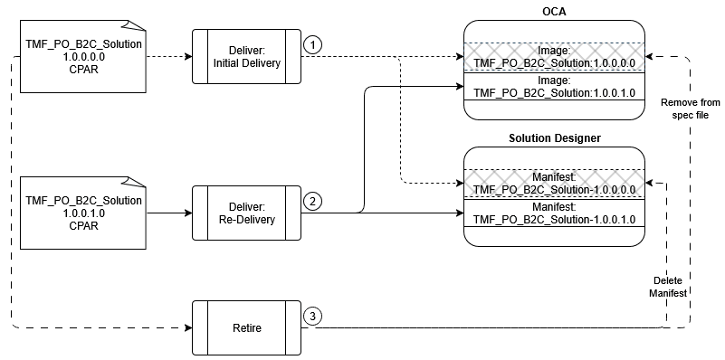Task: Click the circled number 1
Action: [x=311, y=43]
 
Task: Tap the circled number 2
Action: [x=311, y=201]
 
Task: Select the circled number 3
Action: [x=311, y=316]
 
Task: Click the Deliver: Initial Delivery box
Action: [x=246, y=56]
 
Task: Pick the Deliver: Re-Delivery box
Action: [x=246, y=213]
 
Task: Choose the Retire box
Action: [x=246, y=327]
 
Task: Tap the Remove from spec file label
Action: [x=690, y=109]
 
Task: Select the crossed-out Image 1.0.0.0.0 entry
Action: [x=555, y=57]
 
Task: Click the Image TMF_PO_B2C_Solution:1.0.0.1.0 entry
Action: [x=555, y=86]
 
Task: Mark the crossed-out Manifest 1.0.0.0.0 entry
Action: [x=555, y=183]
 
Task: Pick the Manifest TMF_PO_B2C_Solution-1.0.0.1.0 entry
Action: [x=555, y=213]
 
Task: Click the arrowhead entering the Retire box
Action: [x=188, y=327]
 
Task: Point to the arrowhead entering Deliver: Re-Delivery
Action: [x=188, y=213]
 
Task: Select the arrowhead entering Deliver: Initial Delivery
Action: [x=188, y=56]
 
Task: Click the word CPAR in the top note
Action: [x=82, y=69]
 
